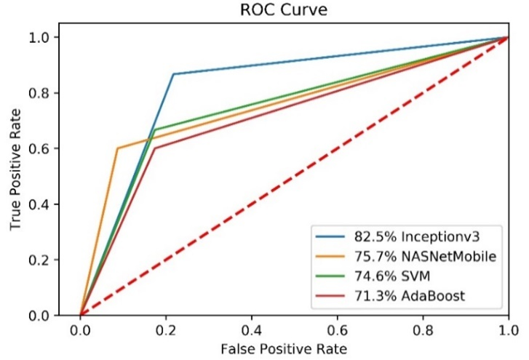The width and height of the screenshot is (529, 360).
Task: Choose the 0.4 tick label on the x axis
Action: [251, 329]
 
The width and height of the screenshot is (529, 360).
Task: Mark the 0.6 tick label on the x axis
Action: [337, 329]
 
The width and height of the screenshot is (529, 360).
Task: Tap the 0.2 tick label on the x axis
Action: [165, 329]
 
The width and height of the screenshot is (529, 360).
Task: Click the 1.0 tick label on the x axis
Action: [507, 329]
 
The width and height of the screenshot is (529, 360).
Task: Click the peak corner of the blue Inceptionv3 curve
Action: [173, 73]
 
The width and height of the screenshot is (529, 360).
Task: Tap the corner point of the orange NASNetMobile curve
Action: [117, 148]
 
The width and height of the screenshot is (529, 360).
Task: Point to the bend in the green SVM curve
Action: [154, 129]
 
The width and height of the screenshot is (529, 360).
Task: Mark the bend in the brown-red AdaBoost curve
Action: [154, 148]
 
